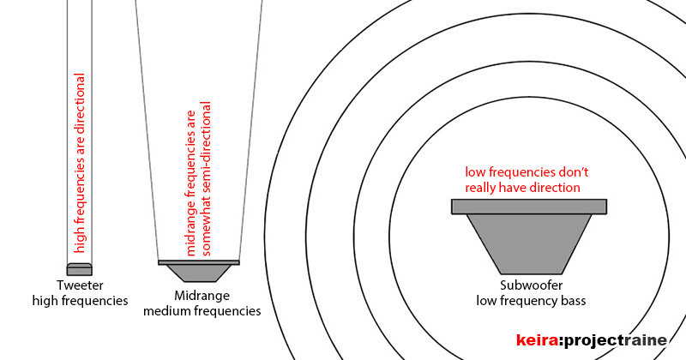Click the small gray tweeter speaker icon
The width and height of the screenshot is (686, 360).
(x=79, y=270)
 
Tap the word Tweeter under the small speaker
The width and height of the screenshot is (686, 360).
(x=80, y=285)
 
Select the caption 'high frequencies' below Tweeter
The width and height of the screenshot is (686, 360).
(x=80, y=301)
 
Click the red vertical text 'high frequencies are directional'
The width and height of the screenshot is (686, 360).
(x=79, y=163)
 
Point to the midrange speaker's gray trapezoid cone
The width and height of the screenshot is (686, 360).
(x=199, y=273)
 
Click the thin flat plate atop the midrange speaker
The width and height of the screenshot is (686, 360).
(x=199, y=261)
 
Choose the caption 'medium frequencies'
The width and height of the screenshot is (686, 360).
(x=202, y=311)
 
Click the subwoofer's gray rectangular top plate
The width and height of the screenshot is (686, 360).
(x=529, y=206)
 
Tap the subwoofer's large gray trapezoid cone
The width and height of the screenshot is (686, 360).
(x=529, y=242)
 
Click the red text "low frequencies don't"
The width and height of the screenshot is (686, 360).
(x=527, y=171)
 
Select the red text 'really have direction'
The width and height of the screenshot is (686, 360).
(x=522, y=187)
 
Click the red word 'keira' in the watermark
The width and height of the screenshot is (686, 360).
(x=536, y=340)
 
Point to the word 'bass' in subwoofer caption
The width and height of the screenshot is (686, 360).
(x=573, y=301)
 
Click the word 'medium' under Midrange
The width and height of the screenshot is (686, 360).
(x=166, y=311)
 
